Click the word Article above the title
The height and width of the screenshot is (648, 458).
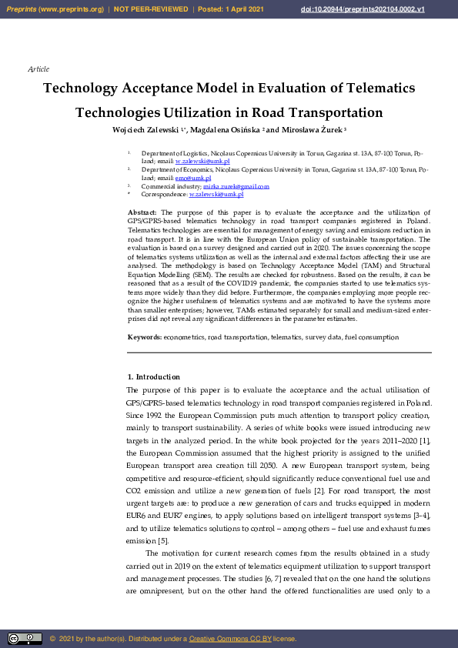tap(38, 69)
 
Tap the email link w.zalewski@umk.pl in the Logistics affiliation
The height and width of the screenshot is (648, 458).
tap(202, 161)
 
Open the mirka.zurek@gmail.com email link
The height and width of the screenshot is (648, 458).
tap(236, 186)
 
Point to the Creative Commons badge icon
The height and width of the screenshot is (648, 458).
tap(25, 639)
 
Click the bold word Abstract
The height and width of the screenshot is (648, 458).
tap(142, 212)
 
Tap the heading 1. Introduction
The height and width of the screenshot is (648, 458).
tap(153, 377)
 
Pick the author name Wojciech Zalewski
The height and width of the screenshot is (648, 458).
tap(147, 130)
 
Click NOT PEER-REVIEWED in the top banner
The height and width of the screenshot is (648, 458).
tap(151, 9)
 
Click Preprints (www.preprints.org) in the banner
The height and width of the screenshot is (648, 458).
tap(55, 9)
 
